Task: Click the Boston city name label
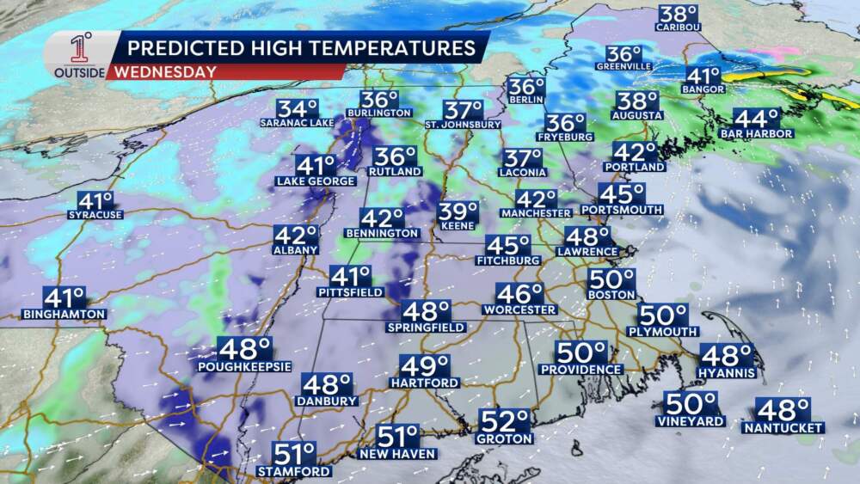(x=611, y=294)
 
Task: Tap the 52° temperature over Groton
(x=504, y=421)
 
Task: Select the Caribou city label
(x=679, y=28)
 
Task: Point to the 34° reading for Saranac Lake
(x=297, y=109)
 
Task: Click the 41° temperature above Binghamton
(x=64, y=298)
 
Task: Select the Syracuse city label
(x=95, y=214)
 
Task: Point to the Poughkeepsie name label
(x=244, y=366)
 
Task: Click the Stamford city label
(x=293, y=471)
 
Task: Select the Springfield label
(x=427, y=328)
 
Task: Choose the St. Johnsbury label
(x=464, y=124)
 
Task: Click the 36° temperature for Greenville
(x=623, y=54)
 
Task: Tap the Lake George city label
(x=316, y=181)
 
